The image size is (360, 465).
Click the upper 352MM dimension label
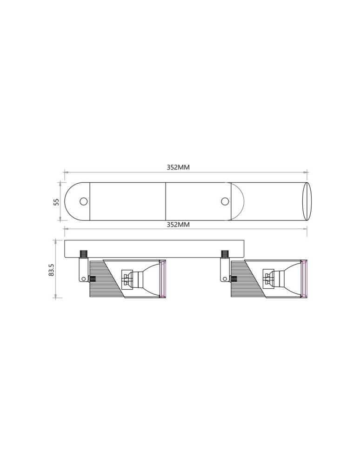coord(178,167)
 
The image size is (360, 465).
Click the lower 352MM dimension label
coord(178,225)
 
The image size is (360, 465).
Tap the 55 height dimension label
coord(56,202)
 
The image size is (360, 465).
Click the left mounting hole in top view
coord(84,201)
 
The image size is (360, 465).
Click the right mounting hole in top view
coord(225,201)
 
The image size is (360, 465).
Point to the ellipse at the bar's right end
coord(307,201)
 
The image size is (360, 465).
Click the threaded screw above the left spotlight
coord(84,254)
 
